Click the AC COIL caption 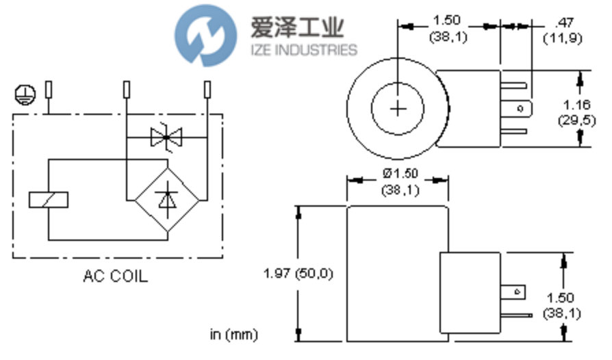coord(115,277)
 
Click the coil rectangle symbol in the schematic coord(49,200)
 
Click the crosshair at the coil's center coord(398,108)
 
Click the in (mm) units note coord(235,335)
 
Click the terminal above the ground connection coord(49,90)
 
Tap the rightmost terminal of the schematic coord(208,90)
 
